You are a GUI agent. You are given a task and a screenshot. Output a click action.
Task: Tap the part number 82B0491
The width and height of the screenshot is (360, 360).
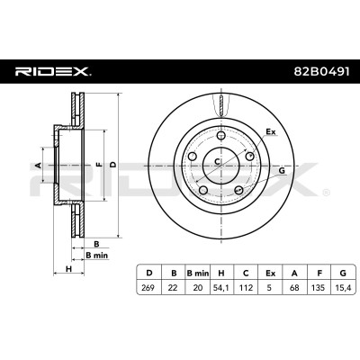[321, 72]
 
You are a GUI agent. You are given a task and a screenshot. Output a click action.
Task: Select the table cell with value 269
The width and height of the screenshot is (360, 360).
[148, 288]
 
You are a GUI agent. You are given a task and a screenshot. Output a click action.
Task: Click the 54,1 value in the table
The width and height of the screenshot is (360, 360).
[221, 288]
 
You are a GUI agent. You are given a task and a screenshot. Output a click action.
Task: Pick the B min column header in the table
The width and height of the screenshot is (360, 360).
[198, 273]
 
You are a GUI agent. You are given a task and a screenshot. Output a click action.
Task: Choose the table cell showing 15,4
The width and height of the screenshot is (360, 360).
[343, 288]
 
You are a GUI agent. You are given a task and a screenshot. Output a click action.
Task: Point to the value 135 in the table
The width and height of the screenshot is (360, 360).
[319, 288]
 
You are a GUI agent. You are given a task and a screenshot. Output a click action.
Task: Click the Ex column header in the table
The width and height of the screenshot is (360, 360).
[270, 273]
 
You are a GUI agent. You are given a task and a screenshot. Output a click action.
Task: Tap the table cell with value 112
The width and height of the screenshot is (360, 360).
[246, 288]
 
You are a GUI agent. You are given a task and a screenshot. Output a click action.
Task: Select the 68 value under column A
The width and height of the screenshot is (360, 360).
[294, 288]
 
